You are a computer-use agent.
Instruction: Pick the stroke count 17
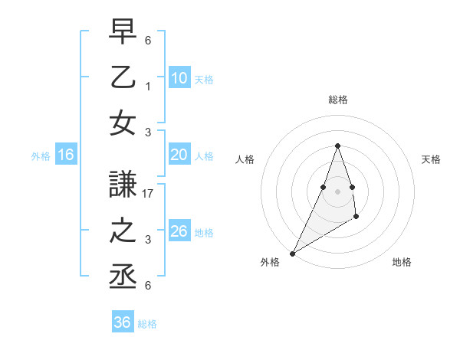[x=149, y=195]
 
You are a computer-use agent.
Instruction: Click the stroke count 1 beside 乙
[x=149, y=87]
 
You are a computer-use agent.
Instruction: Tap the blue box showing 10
[x=179, y=77]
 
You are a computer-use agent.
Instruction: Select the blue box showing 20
[x=179, y=155]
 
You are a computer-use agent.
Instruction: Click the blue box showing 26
[x=179, y=232]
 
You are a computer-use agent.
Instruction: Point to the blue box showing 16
[x=65, y=155]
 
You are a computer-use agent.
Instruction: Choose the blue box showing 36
[x=123, y=322]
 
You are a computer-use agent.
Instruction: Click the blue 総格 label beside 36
[x=147, y=324]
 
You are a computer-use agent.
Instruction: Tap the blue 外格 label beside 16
[x=41, y=156]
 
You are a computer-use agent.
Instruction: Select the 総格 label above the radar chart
[x=338, y=100]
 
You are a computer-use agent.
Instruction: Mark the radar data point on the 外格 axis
[x=292, y=253]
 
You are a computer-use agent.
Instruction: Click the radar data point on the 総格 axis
[x=337, y=146]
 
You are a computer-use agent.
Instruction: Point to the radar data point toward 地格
[x=356, y=218]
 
